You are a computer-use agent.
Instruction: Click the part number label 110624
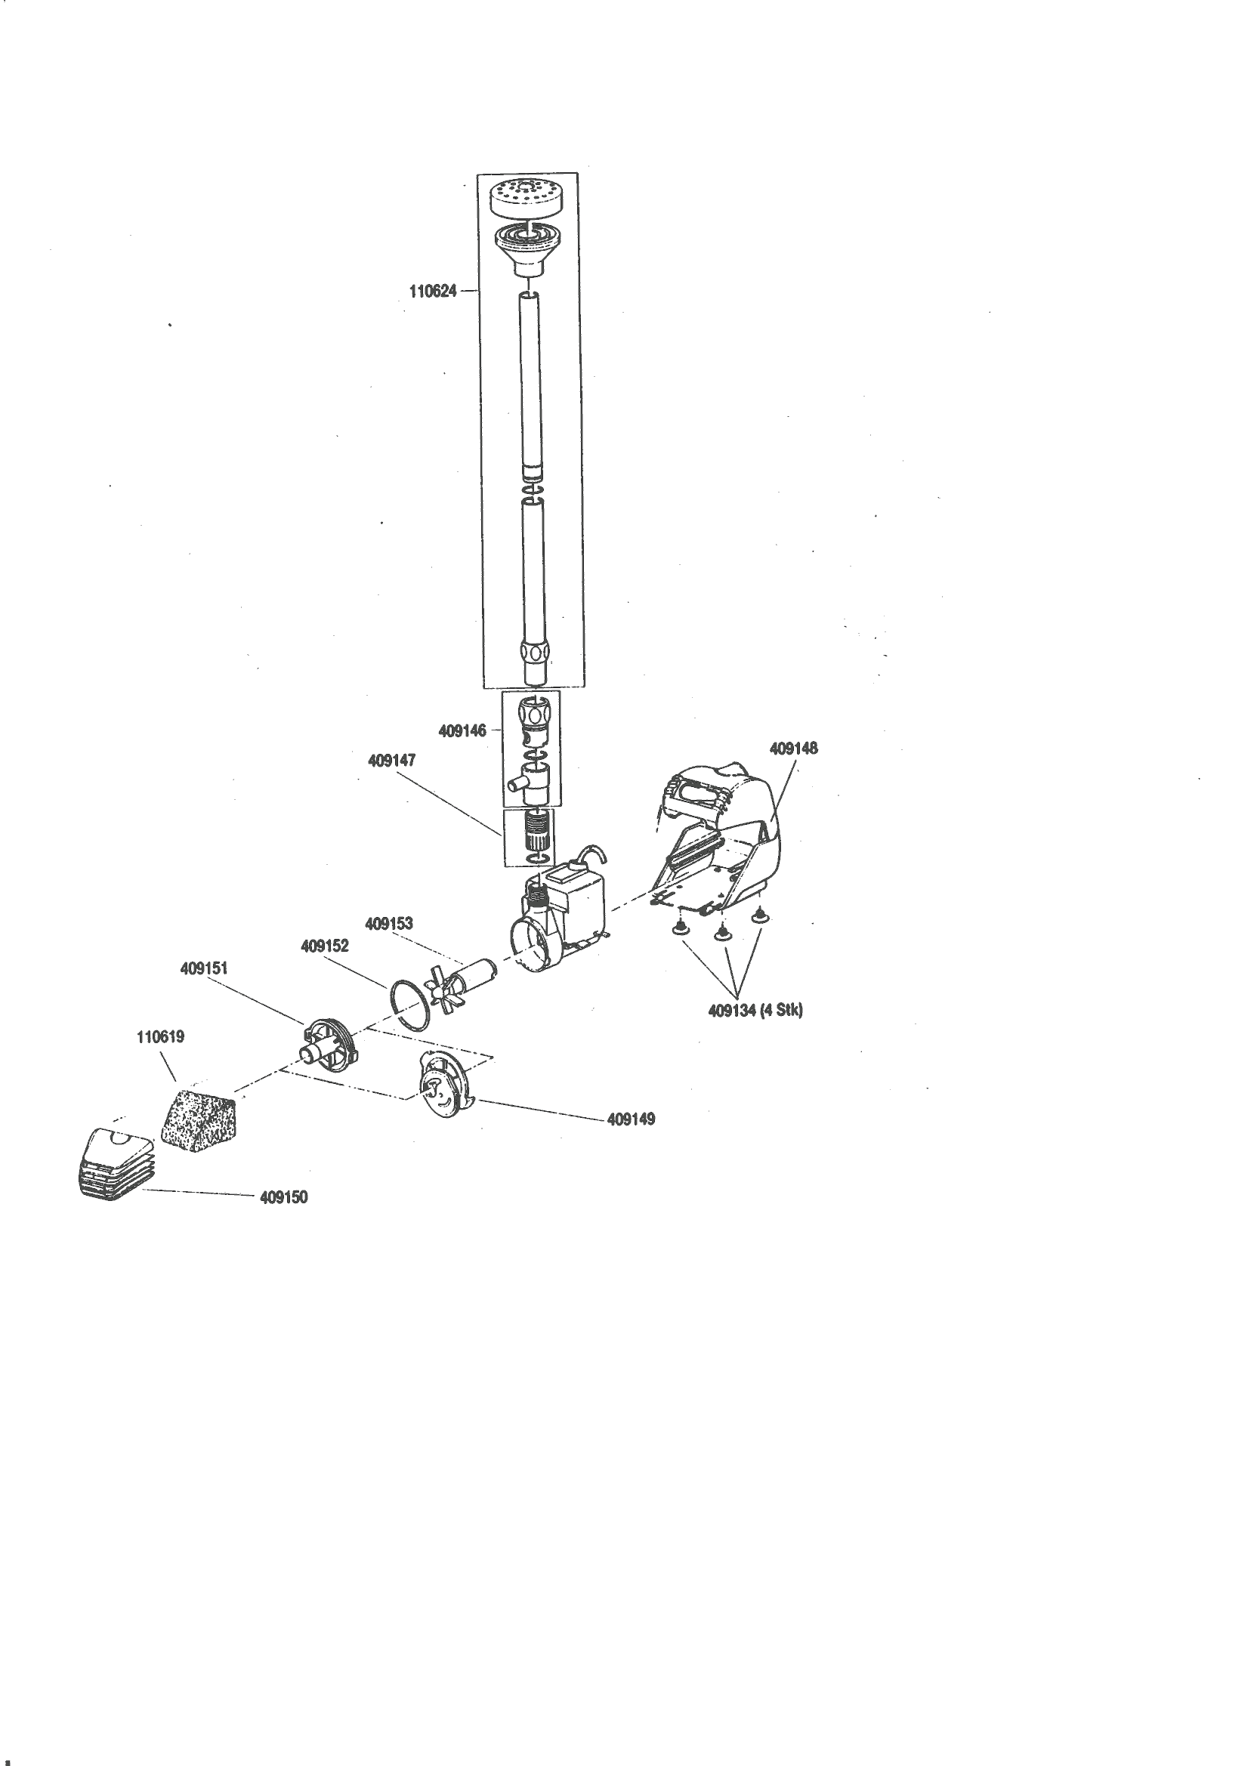(433, 292)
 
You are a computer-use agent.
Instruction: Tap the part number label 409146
(462, 730)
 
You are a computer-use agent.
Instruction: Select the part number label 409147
(391, 761)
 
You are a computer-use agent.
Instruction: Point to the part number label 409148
(793, 749)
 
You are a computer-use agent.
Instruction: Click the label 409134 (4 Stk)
(755, 1011)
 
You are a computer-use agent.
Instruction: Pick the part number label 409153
(388, 923)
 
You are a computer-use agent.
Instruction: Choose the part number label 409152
(324, 946)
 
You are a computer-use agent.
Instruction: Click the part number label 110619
(160, 1037)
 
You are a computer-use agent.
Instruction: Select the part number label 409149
(631, 1119)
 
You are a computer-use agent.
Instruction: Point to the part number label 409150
(283, 1197)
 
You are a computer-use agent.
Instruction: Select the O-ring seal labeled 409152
(409, 1005)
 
